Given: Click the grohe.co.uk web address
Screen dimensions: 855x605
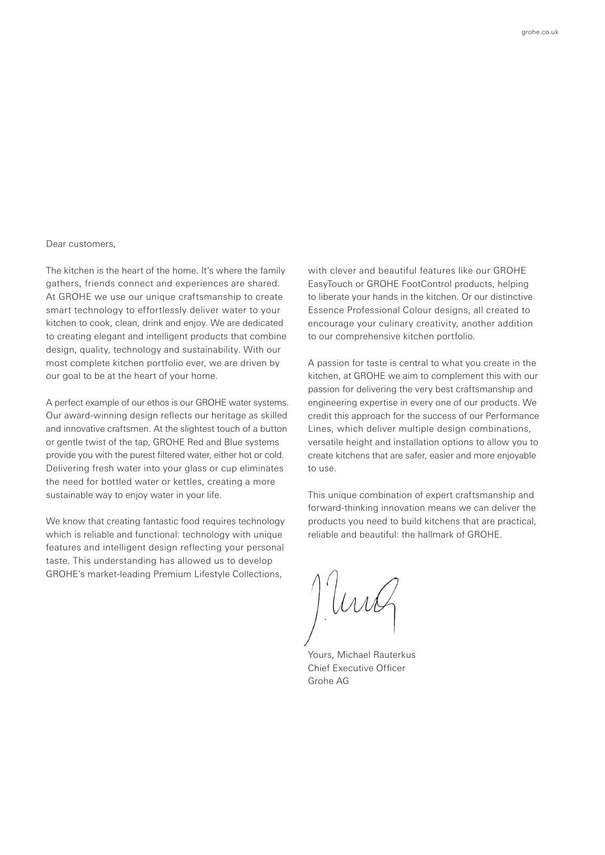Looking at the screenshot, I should tap(540, 32).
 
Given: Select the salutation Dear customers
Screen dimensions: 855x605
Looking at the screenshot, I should tap(80, 244).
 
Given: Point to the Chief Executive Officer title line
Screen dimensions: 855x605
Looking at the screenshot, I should tap(356, 668).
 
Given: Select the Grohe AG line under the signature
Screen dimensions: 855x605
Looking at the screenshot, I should tap(328, 681).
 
